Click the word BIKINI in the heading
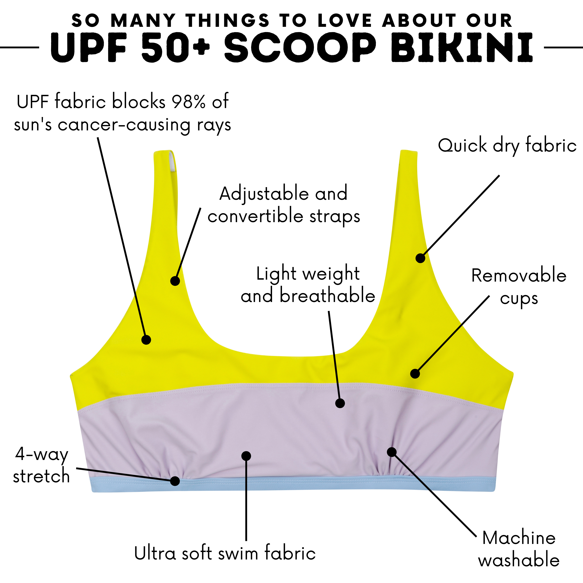(x=462, y=48)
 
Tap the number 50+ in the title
(x=175, y=48)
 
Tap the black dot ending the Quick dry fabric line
(x=420, y=258)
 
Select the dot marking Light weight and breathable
(x=340, y=403)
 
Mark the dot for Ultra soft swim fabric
(x=246, y=456)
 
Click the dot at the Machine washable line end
(x=392, y=452)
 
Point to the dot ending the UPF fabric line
(x=146, y=340)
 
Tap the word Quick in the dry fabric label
(x=462, y=146)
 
